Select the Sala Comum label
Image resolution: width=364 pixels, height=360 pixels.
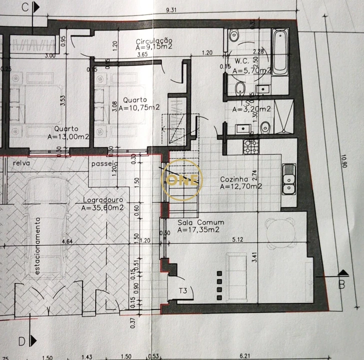[201, 222]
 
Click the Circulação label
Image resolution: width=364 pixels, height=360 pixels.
[154, 41]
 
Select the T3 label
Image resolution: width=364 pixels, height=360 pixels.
[184, 290]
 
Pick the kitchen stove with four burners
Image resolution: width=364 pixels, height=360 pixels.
[250, 146]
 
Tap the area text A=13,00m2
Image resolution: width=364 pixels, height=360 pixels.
[68, 136]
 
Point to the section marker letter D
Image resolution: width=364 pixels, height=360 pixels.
[22, 341]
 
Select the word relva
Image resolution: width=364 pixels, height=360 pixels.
[22, 163]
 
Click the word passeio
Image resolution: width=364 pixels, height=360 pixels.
[104, 163]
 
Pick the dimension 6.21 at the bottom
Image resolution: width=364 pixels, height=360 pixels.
[245, 355]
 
